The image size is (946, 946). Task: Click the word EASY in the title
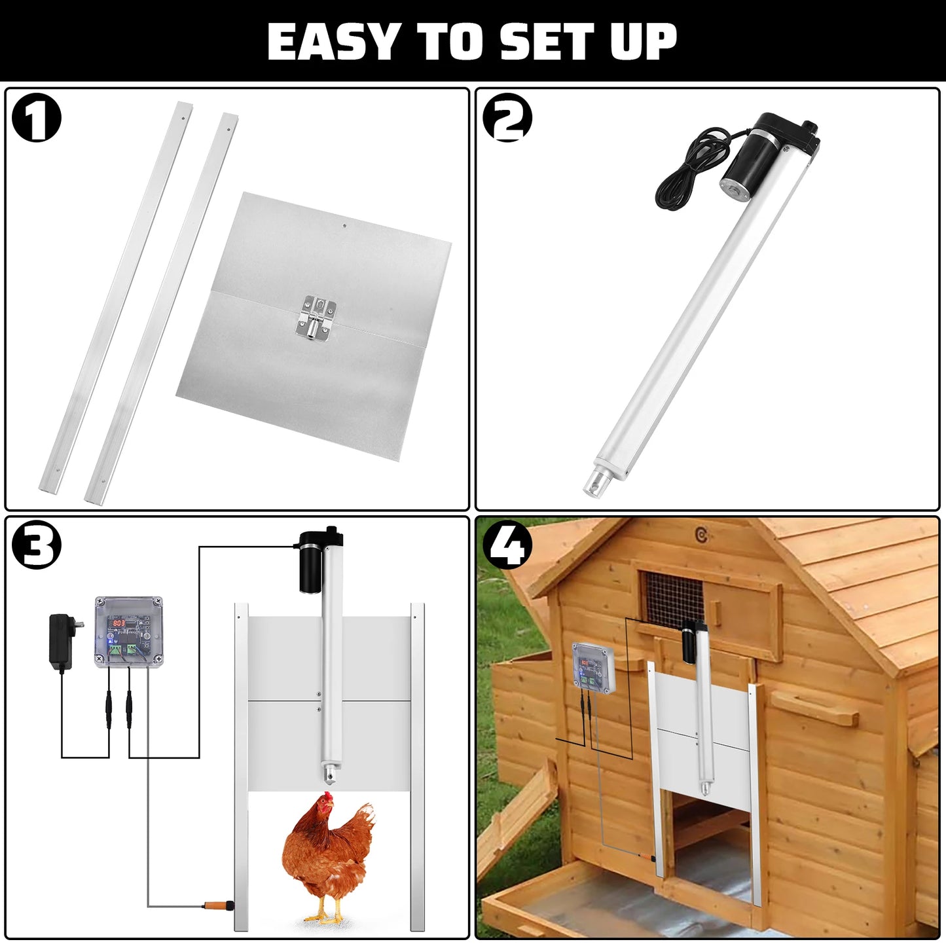coord(330,42)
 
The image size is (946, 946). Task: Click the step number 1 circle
coord(37,119)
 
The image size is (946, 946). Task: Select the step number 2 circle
coord(507,118)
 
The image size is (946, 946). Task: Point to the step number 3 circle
coord(37,545)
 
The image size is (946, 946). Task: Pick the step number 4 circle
coord(507,544)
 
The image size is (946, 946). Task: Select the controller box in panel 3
coord(128,631)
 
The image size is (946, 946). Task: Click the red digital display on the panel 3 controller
coord(118,623)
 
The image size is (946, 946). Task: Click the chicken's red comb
coord(325,799)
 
